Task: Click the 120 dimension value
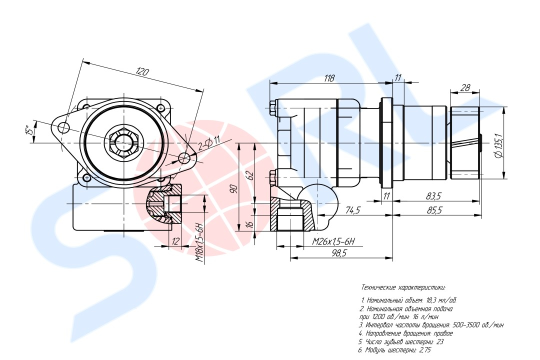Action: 142,72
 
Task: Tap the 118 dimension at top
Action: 329,78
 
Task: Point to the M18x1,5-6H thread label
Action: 199,243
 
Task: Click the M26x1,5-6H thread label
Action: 333,241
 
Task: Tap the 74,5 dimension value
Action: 352,210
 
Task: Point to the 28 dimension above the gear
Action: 464,88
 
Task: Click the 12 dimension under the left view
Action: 174,241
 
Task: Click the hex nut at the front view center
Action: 122,143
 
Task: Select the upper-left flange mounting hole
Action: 63,127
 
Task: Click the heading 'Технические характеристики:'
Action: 403,288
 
